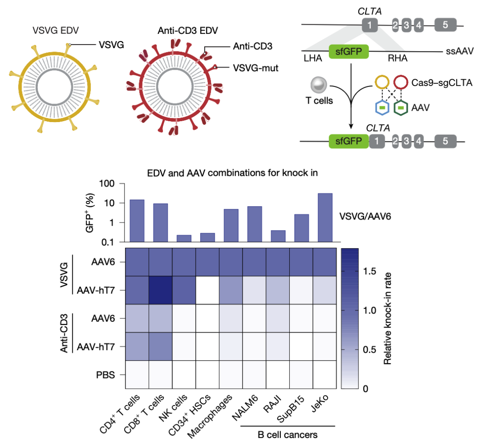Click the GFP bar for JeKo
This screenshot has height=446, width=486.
click(x=325, y=217)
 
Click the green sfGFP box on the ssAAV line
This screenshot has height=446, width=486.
click(x=349, y=52)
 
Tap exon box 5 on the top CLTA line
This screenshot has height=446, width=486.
click(x=445, y=25)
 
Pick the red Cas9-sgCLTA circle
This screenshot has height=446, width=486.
click(x=401, y=83)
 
